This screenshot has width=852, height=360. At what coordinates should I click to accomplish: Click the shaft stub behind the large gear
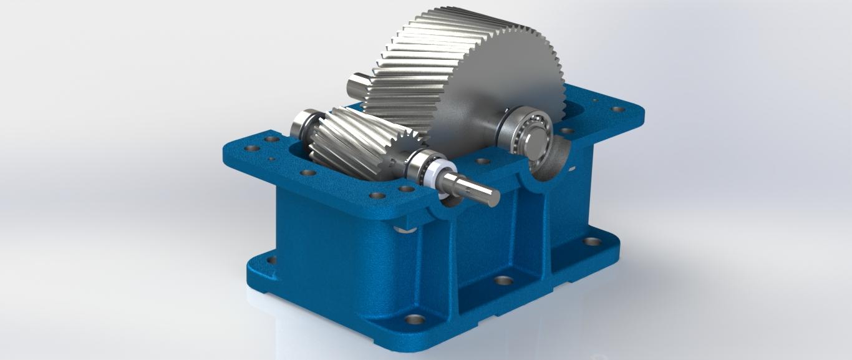pos(359,83)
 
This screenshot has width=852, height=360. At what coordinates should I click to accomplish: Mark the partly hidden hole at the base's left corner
pos(271,260)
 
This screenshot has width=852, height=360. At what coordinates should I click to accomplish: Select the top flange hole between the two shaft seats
pos(482,161)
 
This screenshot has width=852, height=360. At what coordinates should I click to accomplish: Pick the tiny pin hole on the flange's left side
pos(271,160)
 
